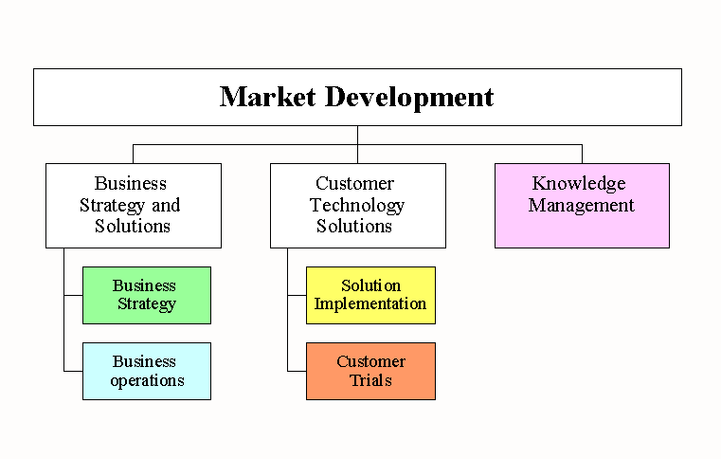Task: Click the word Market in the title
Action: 267,97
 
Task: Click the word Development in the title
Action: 409,98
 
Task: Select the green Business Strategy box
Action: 147,295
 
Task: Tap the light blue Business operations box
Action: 147,371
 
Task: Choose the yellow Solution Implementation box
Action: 370,295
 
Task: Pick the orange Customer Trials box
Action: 370,371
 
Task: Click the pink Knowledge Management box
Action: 582,206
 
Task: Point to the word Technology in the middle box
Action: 357,206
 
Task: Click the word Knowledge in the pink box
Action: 579,184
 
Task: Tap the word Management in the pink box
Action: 581,206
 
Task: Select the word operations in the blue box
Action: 147,381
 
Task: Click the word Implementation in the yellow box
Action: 370,304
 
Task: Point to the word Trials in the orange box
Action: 370,380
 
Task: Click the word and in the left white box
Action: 166,206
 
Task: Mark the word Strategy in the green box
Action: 147,304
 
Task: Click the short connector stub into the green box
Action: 73,295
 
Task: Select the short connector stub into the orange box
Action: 297,371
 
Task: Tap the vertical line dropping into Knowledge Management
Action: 582,155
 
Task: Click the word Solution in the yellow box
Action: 370,285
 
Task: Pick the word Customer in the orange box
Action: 370,361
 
